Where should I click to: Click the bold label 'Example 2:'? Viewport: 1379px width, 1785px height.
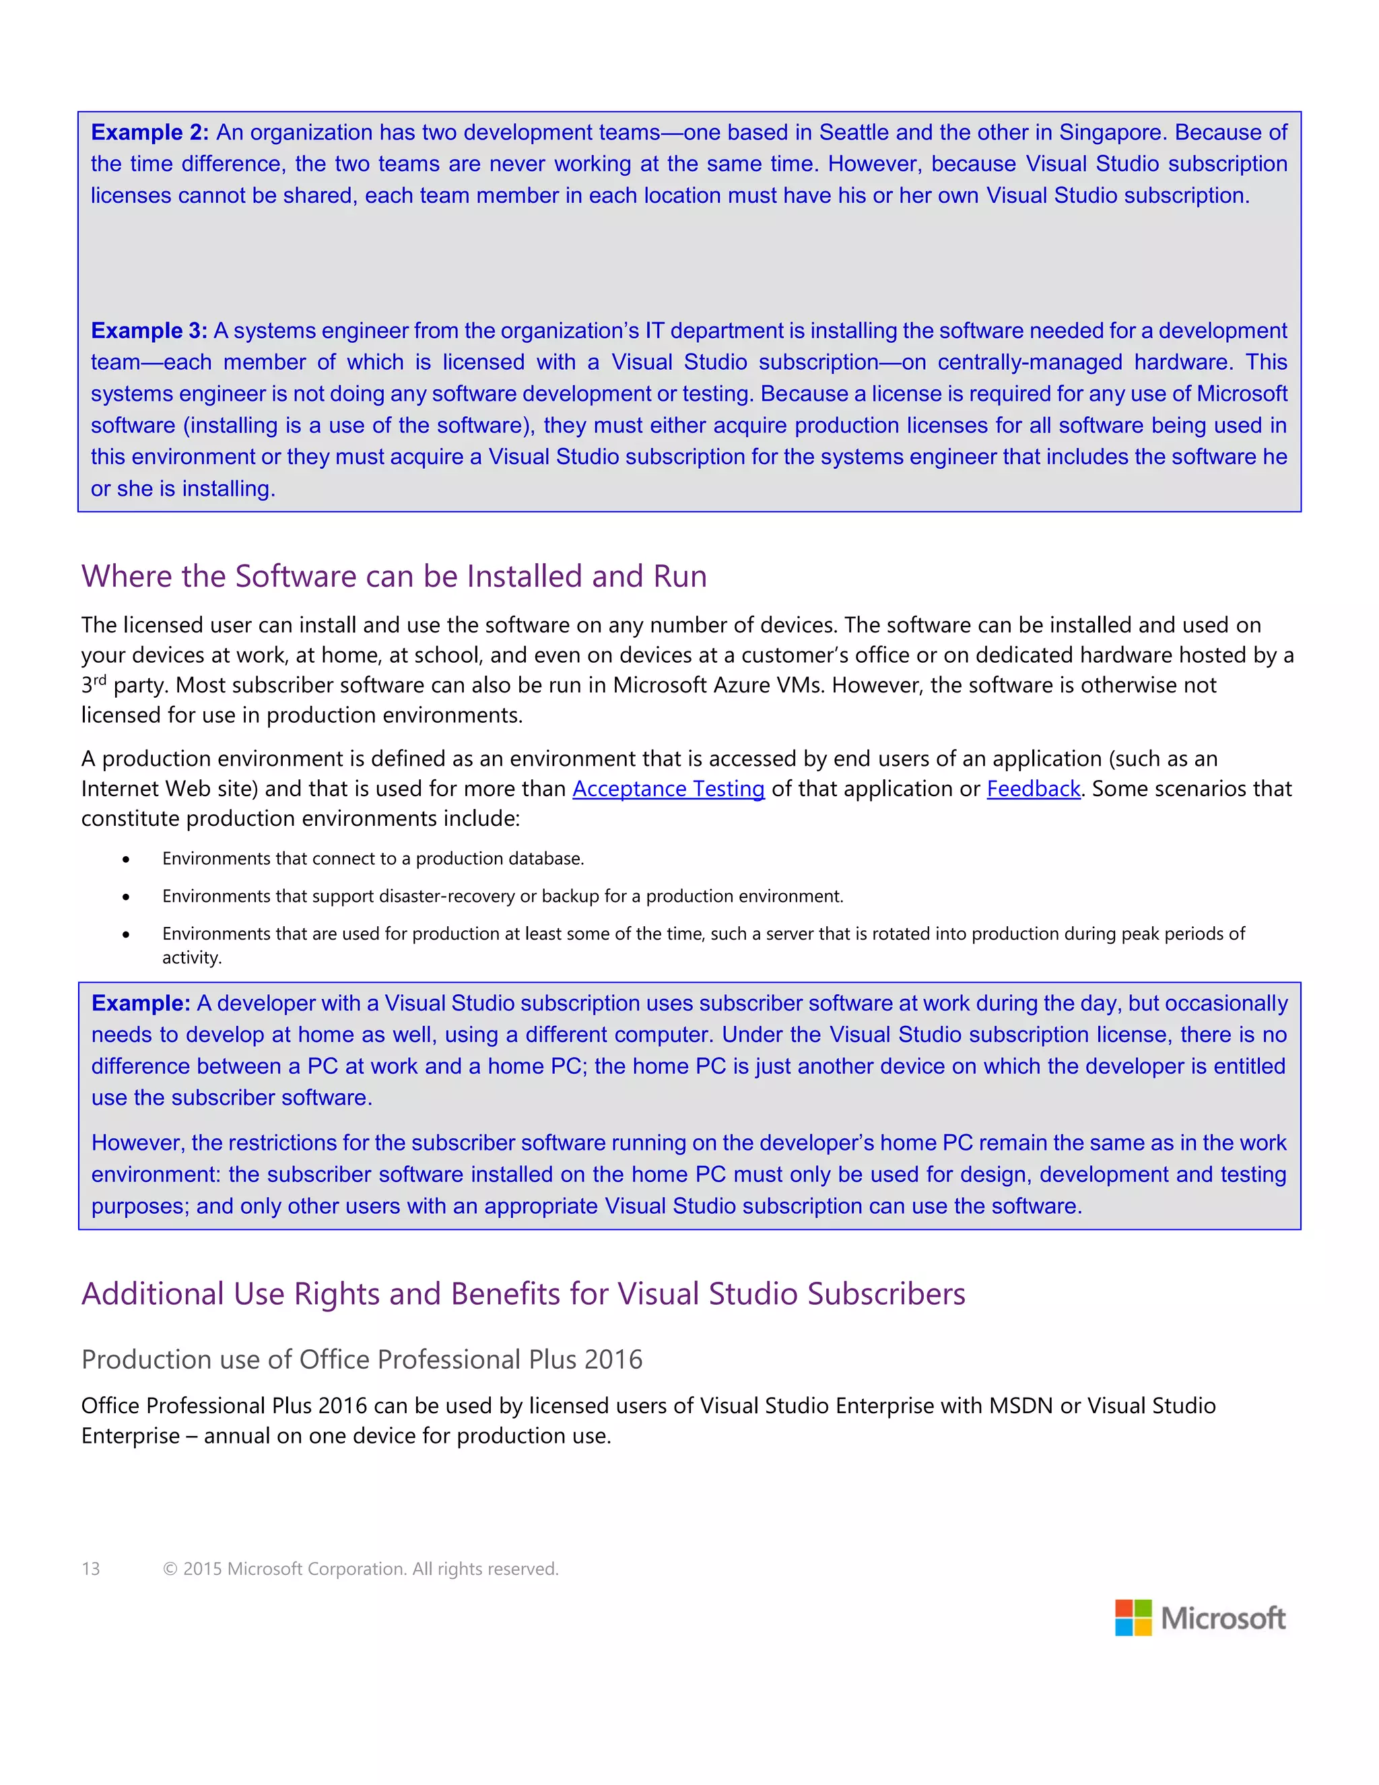tap(149, 133)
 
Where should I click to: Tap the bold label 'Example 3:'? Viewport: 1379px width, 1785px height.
tap(149, 330)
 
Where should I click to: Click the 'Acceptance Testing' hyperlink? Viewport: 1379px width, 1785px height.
tap(668, 789)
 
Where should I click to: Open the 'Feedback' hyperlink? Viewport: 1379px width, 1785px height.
tap(1034, 789)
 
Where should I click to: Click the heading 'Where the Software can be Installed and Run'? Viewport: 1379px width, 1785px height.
tap(394, 576)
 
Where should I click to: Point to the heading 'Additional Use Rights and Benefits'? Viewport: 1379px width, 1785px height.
tap(523, 1294)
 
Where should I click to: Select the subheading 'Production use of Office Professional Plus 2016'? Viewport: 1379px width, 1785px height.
tap(362, 1359)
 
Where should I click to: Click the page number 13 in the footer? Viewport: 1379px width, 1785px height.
tap(91, 1568)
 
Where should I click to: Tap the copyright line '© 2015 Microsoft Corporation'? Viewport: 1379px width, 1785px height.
tap(360, 1568)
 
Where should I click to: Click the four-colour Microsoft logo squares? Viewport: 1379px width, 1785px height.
tap(1133, 1617)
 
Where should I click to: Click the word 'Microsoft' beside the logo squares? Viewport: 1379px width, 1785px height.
tap(1223, 1618)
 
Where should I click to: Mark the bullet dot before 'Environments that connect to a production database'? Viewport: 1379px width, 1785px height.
tap(126, 859)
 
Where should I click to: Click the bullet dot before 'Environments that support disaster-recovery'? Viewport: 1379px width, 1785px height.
tap(126, 897)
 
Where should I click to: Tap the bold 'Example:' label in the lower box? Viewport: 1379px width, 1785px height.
tap(141, 1003)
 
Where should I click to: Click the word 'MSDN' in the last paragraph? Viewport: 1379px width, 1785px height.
tap(1020, 1406)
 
